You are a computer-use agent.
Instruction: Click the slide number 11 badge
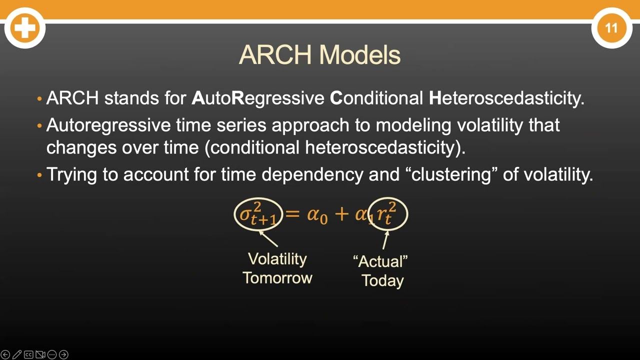click(611, 28)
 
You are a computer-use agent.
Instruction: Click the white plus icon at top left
click(24, 28)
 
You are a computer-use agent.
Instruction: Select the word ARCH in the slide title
click(275, 54)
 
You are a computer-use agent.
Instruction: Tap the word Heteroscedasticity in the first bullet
click(506, 98)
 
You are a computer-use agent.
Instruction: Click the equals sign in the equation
click(292, 214)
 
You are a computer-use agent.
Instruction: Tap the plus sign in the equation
click(341, 214)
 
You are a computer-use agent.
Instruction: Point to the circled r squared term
click(387, 214)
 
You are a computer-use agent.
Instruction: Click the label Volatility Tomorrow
click(277, 268)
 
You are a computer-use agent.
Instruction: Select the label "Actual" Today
click(381, 270)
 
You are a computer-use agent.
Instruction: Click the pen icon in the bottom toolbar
click(16, 354)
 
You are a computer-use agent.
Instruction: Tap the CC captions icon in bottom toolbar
click(28, 354)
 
